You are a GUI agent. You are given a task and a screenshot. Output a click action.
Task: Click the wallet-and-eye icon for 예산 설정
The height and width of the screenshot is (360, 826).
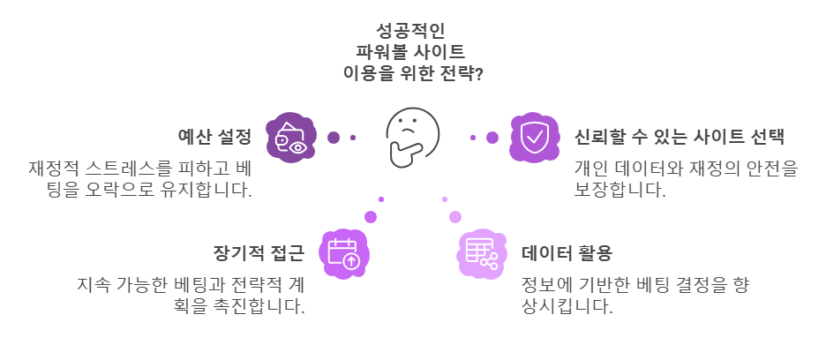[x=291, y=138]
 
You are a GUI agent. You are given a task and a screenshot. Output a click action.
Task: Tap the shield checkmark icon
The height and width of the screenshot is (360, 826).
[x=534, y=137]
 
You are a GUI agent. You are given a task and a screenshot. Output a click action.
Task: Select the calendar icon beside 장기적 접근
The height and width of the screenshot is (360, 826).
[x=343, y=253]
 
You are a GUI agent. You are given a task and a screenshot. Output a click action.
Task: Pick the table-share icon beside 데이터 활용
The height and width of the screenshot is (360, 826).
[x=481, y=253]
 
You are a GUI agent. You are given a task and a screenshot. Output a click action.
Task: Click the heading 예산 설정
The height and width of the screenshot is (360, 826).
[x=214, y=137]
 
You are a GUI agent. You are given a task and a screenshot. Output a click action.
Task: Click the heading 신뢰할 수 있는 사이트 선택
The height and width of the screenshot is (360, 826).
[x=679, y=137]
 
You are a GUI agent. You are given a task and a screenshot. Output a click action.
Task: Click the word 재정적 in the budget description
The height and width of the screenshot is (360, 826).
[x=55, y=168]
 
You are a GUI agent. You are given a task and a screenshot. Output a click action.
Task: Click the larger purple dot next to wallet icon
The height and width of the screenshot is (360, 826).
[x=334, y=137]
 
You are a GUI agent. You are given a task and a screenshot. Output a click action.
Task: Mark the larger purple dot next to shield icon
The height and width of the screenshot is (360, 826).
[x=492, y=137]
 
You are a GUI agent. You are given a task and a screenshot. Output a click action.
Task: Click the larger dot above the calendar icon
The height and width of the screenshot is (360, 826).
[x=371, y=216]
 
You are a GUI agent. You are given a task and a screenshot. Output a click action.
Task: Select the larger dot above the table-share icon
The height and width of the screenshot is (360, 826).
[x=454, y=216]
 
